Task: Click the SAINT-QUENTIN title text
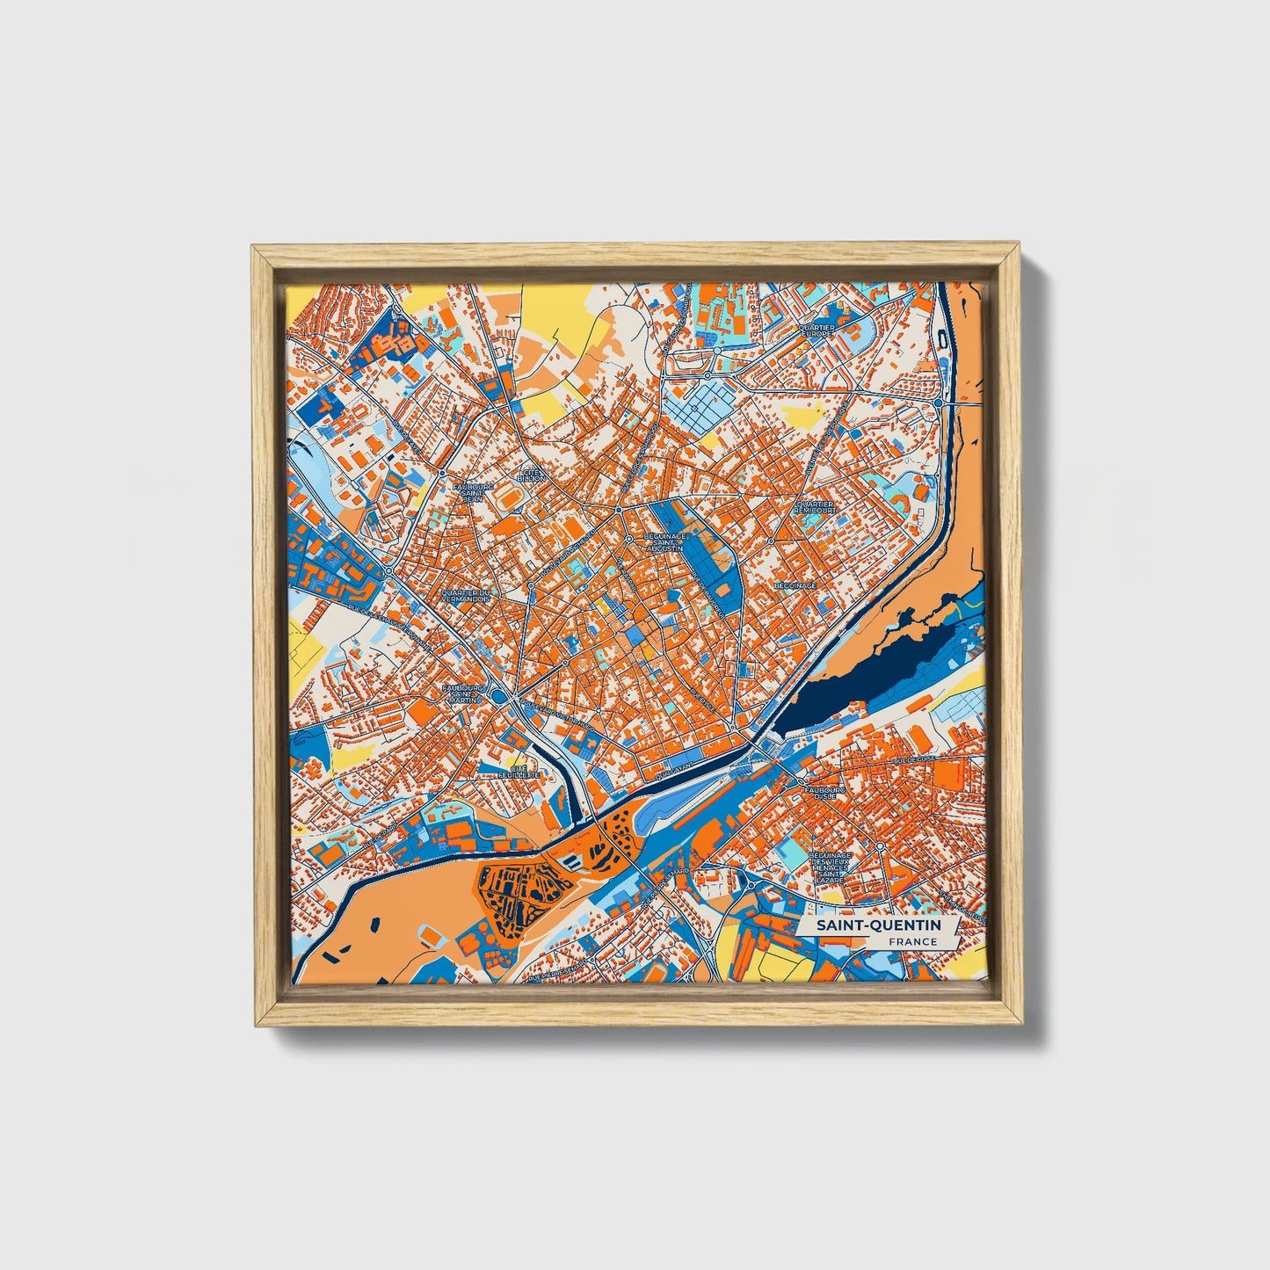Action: coord(877,925)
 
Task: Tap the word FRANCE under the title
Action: coord(911,942)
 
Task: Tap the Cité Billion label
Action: coord(533,475)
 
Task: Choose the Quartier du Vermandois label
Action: coord(469,597)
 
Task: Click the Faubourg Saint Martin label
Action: coord(464,693)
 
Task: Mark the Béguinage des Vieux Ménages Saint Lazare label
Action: coord(831,867)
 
